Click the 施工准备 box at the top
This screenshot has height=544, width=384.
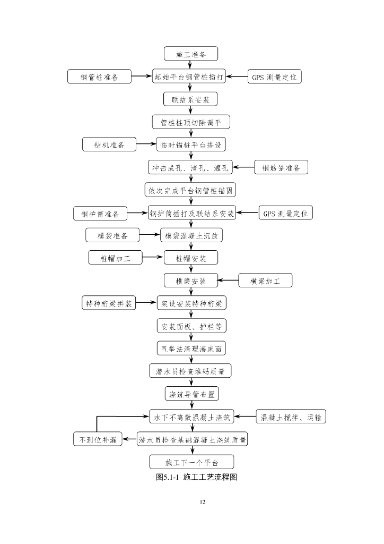click(x=190, y=54)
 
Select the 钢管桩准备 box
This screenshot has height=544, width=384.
click(x=99, y=76)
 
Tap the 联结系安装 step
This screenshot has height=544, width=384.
click(x=190, y=99)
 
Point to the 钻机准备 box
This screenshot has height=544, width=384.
click(x=109, y=144)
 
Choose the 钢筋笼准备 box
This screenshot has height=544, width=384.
click(x=281, y=168)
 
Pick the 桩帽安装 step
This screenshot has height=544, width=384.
click(x=190, y=258)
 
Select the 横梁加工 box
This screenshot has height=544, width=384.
click(x=265, y=280)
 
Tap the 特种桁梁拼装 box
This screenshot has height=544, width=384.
click(x=109, y=303)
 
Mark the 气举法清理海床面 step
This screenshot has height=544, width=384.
click(x=190, y=348)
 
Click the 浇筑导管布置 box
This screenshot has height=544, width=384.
click(x=190, y=394)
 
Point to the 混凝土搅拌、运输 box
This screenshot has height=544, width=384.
click(x=291, y=417)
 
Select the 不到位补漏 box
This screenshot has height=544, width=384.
click(x=97, y=439)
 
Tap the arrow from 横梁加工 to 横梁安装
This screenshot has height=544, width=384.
click(x=229, y=280)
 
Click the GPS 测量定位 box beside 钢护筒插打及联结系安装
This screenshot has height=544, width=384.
click(x=285, y=214)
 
